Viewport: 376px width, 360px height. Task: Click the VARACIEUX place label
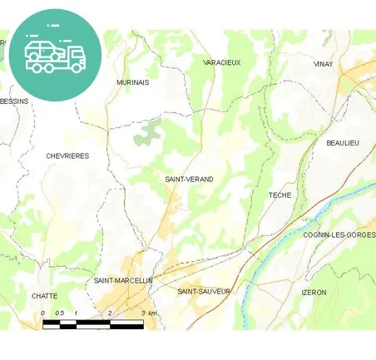pyautogui.click(x=221, y=62)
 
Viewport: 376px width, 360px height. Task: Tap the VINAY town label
pyautogui.click(x=323, y=64)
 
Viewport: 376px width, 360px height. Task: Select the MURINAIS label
pyautogui.click(x=133, y=83)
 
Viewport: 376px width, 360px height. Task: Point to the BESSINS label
pyautogui.click(x=14, y=101)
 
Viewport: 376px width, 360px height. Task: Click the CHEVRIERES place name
pyautogui.click(x=67, y=155)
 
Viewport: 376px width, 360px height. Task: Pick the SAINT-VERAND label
pyautogui.click(x=189, y=180)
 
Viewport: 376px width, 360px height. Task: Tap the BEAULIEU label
pyautogui.click(x=342, y=144)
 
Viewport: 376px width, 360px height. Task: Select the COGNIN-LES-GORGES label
pyautogui.click(x=339, y=235)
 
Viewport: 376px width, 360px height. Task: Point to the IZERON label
pyautogui.click(x=314, y=293)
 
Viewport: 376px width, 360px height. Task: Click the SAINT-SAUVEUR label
pyautogui.click(x=204, y=292)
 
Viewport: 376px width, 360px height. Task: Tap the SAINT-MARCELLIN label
pyautogui.click(x=123, y=281)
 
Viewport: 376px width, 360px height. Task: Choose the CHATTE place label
pyautogui.click(x=44, y=296)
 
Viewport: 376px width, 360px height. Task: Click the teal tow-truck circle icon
pyautogui.click(x=55, y=55)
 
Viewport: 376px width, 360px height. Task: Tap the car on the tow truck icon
pyautogui.click(x=42, y=50)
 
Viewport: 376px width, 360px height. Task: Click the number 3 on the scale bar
pyautogui.click(x=143, y=313)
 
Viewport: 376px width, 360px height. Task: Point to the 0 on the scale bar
pyautogui.click(x=42, y=313)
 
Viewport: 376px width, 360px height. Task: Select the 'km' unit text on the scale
pyautogui.click(x=152, y=313)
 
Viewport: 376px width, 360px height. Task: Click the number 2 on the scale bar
pyautogui.click(x=110, y=313)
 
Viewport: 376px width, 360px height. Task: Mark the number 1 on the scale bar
pyautogui.click(x=76, y=313)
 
